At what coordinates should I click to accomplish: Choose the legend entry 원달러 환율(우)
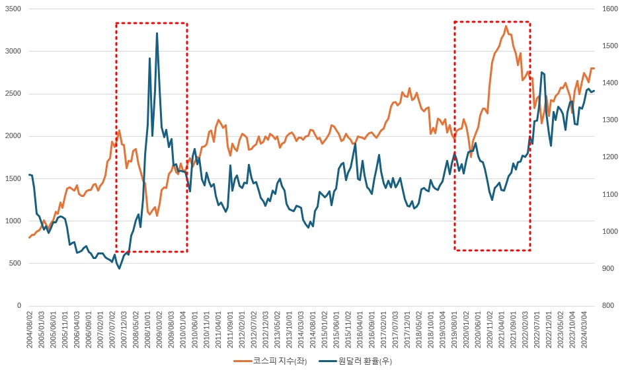(365, 361)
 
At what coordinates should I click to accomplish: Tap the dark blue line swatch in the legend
(327, 361)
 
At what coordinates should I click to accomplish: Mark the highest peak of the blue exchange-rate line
(157, 33)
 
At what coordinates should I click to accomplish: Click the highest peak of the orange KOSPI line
(506, 26)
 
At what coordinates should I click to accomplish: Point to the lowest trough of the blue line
(120, 268)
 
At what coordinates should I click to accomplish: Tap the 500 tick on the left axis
(15, 263)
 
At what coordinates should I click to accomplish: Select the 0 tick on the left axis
(20, 305)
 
